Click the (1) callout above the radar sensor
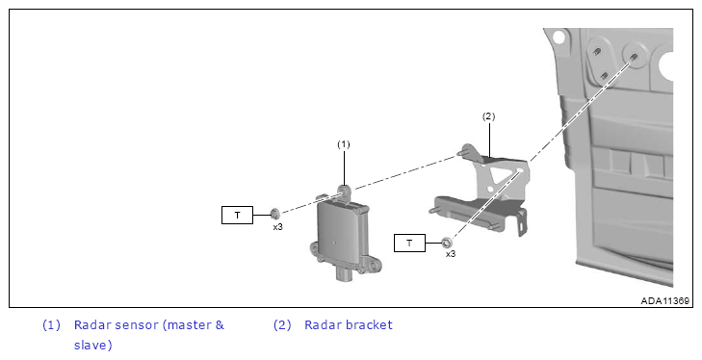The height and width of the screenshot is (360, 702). [344, 144]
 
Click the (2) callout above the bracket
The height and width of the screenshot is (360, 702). [488, 116]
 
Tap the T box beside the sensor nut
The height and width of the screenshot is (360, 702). [237, 215]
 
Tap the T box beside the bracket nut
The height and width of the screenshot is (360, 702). [409, 244]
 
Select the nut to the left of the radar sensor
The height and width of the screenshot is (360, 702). [274, 212]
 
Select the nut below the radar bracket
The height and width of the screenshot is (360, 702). [446, 243]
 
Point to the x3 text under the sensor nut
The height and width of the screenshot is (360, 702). [278, 227]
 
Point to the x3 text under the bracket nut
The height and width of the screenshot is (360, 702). [451, 254]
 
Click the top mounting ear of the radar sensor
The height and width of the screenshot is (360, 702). [345, 192]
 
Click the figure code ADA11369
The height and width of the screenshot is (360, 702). [664, 301]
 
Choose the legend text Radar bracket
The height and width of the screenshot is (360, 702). [349, 324]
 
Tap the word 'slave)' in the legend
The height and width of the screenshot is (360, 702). [93, 346]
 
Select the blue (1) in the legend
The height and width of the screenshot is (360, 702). [51, 325]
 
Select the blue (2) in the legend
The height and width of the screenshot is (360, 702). [282, 325]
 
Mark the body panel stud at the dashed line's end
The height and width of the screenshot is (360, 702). [634, 57]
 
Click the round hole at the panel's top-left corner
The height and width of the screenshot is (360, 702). [558, 37]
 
